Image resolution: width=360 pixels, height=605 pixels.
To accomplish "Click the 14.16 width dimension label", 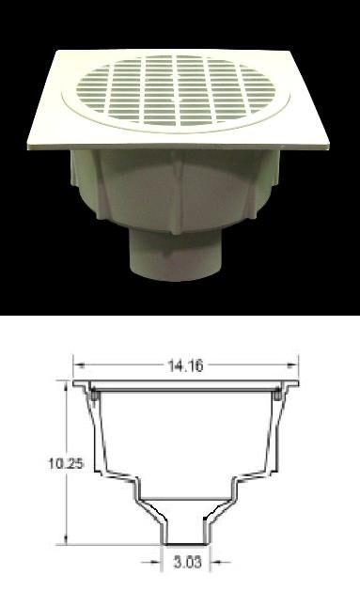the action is click(185, 365).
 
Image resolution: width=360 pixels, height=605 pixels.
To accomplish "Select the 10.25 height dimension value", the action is click(66, 463).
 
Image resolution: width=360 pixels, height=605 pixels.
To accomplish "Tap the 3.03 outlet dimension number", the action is click(187, 562).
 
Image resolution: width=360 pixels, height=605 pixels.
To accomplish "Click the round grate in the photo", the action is click(176, 92).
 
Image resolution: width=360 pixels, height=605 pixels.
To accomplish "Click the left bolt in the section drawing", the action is click(94, 396).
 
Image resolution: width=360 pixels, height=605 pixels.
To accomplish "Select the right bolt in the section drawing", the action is click(277, 396).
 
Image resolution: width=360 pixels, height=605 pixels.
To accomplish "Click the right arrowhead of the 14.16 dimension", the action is click(294, 365).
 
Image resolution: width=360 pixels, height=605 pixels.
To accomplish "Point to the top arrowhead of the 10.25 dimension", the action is click(67, 385).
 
